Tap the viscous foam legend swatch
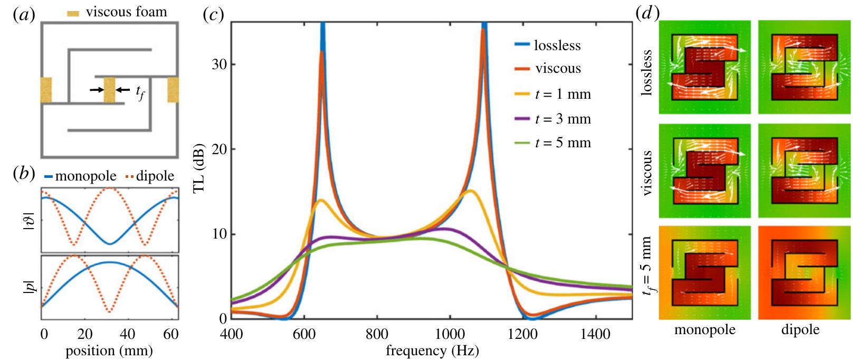(x=73, y=13)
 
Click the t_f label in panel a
(x=139, y=94)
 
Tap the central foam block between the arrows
(x=110, y=90)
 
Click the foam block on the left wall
(x=46, y=90)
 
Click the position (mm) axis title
(x=110, y=350)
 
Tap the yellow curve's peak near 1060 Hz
(x=470, y=191)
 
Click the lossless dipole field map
(x=804, y=67)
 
